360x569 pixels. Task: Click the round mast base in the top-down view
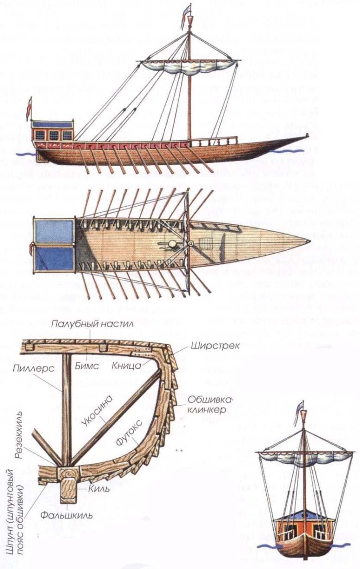coord(172,243)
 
